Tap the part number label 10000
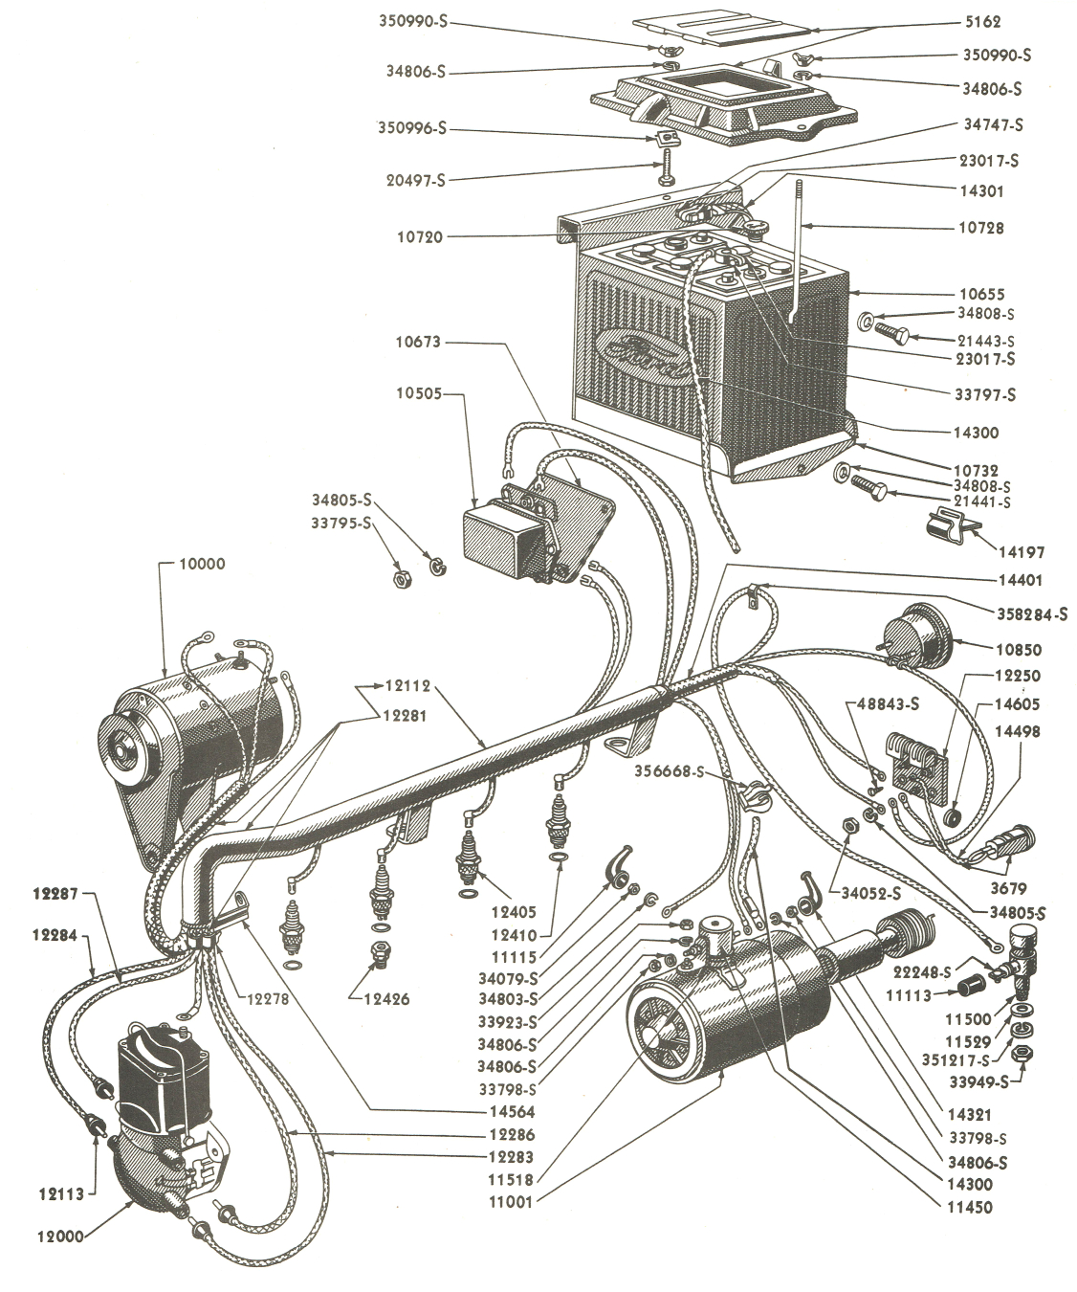(x=201, y=565)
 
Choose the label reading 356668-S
(x=668, y=771)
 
